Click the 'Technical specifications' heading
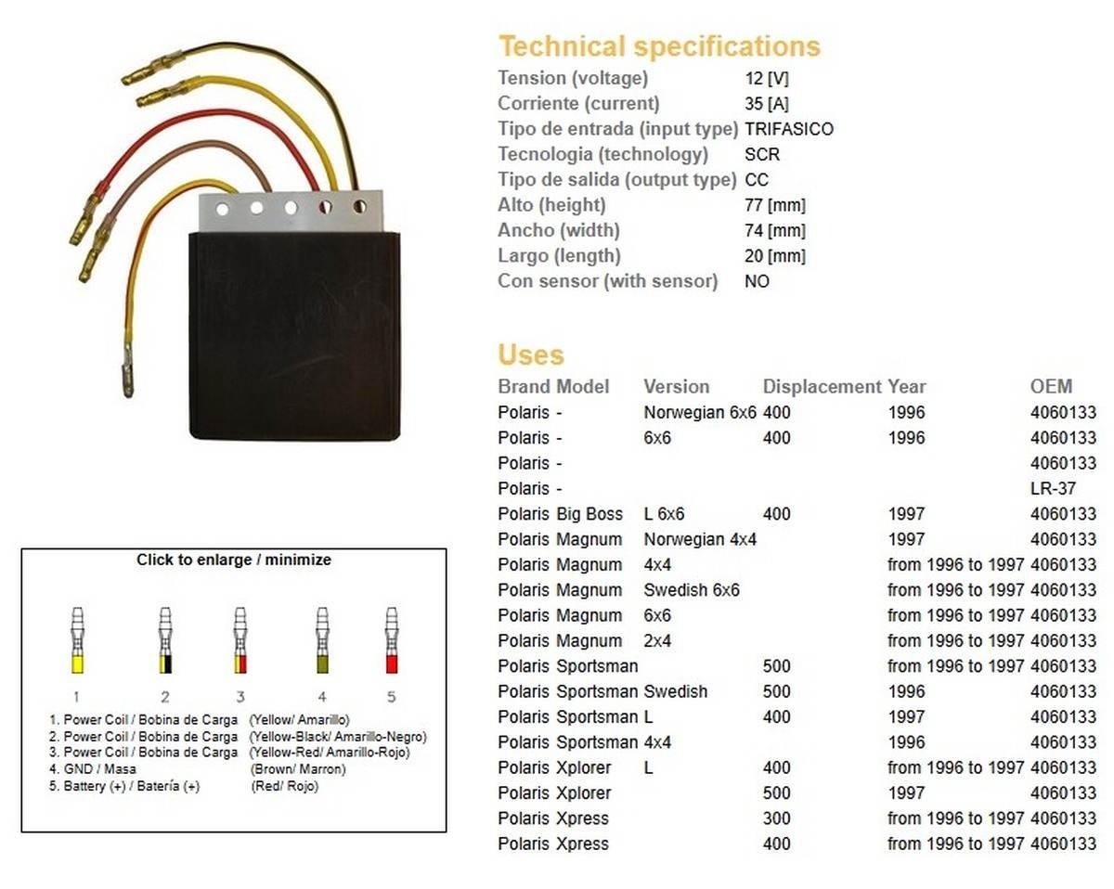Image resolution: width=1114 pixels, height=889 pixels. [x=659, y=46]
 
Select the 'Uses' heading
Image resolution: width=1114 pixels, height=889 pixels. [x=530, y=355]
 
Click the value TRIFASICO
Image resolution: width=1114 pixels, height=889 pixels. [x=789, y=129]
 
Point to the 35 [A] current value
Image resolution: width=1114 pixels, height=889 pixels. [x=767, y=104]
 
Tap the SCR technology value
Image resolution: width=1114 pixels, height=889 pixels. [x=762, y=154]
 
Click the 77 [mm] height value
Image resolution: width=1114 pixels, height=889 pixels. [x=775, y=205]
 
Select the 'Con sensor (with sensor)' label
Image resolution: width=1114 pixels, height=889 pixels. [x=607, y=281]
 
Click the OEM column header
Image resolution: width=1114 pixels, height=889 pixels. [x=1051, y=387]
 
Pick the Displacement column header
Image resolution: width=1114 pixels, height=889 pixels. [x=821, y=387]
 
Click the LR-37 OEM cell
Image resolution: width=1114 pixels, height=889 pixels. [x=1054, y=488]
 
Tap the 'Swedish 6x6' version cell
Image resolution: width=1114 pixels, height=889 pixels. [x=692, y=589]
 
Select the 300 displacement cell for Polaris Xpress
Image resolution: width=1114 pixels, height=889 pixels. [x=776, y=818]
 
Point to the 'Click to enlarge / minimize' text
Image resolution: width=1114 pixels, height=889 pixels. [x=234, y=560]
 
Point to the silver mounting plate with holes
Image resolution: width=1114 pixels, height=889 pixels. [x=291, y=209]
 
